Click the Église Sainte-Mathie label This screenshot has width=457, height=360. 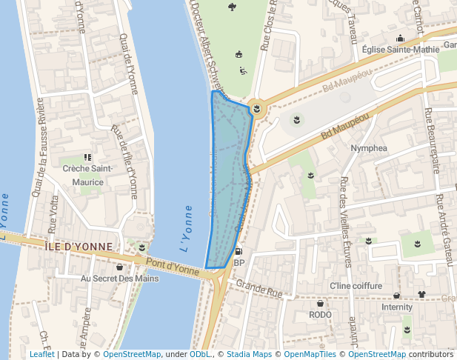tap(397, 50)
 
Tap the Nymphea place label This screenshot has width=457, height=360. tap(369, 148)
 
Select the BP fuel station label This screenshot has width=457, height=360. tap(238, 263)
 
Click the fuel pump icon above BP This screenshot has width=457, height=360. tap(238, 251)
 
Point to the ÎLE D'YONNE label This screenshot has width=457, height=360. tap(79, 247)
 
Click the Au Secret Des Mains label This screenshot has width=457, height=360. tap(119, 279)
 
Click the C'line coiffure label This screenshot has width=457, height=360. tap(356, 286)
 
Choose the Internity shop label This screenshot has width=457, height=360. tap(397, 307)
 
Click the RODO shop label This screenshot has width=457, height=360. tap(320, 315)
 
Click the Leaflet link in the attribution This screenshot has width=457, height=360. tap(41, 355)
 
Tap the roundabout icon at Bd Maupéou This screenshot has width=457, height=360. tap(256, 109)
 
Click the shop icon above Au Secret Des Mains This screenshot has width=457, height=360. tap(119, 267)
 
